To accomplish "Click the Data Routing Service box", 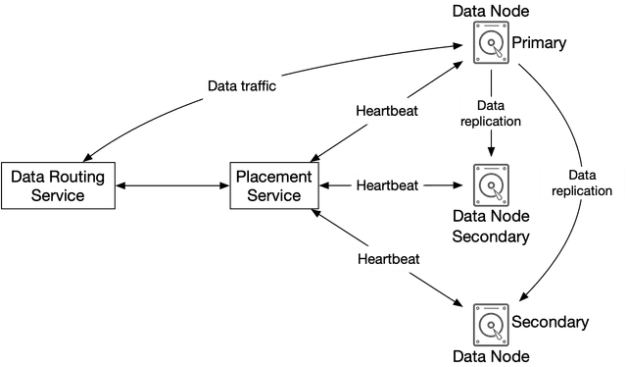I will point(60,185).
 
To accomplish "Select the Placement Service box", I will point(272,185).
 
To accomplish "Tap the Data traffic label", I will point(242,86).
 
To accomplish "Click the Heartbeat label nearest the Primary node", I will point(387,111).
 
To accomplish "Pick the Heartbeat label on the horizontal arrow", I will point(387,184).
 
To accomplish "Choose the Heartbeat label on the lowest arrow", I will point(387,259).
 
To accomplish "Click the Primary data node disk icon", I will point(490,42).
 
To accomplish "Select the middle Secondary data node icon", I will point(490,183).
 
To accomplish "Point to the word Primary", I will point(539,43).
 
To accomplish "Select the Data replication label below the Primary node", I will point(490,113).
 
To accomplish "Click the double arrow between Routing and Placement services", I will point(173,185).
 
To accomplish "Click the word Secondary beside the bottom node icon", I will point(550,322).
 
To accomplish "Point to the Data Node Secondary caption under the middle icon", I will point(490,226).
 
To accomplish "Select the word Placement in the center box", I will point(273,177).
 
